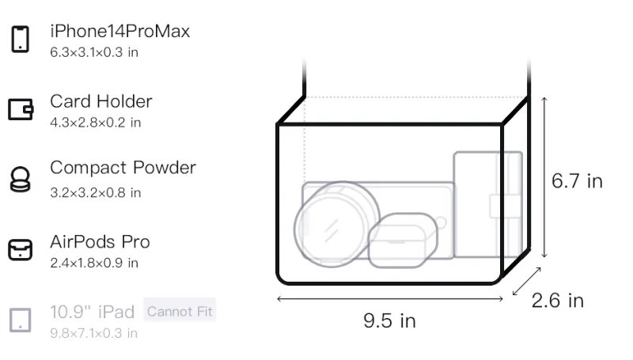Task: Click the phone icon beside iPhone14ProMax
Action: (x=21, y=39)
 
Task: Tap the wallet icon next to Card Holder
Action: (x=21, y=109)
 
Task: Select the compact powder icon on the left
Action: (x=21, y=179)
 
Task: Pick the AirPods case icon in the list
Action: (x=21, y=249)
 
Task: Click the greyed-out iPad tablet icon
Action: (x=21, y=320)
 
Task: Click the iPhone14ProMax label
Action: (x=120, y=31)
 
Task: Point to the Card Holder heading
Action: (x=101, y=101)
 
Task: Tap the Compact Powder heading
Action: (x=123, y=168)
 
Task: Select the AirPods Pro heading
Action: (x=100, y=242)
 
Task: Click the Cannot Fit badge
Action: (x=180, y=311)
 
